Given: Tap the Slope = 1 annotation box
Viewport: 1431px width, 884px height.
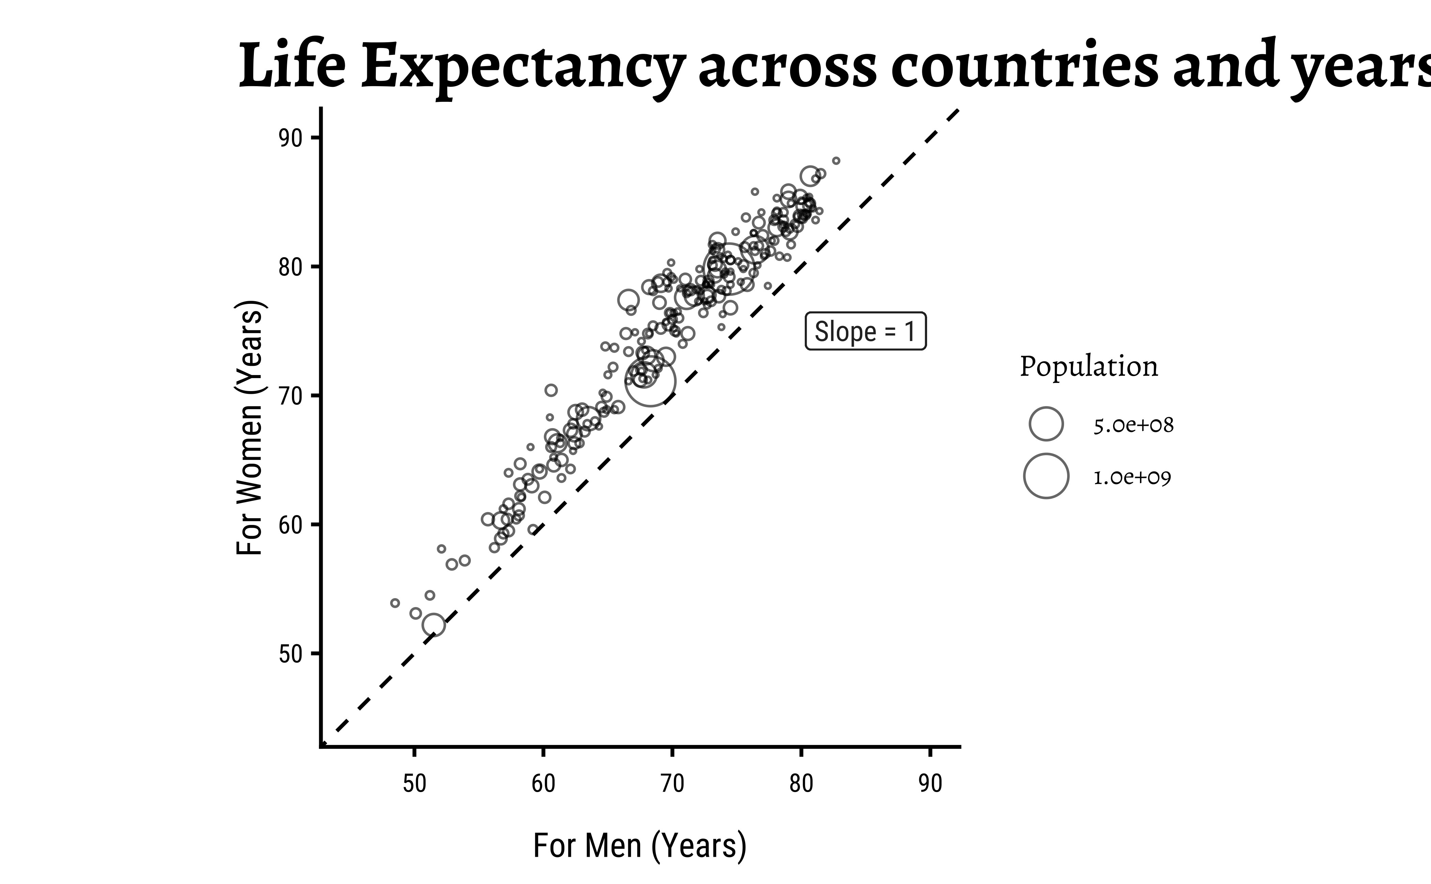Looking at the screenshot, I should coord(865,331).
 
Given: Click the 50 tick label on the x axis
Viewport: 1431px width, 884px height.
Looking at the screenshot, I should coord(414,784).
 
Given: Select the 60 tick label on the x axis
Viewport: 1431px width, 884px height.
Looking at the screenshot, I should coord(543,784).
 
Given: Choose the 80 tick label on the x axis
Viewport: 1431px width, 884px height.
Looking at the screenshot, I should coord(801,784).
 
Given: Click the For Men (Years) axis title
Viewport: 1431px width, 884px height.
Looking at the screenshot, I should coord(640,846).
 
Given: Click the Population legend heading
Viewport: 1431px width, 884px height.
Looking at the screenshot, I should coord(1088,367).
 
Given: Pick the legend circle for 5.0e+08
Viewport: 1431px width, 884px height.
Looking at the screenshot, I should coord(1046,424).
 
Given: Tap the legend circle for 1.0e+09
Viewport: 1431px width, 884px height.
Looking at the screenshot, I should coord(1046,476).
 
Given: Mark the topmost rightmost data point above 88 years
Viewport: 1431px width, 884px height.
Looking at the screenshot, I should coord(836,161).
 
